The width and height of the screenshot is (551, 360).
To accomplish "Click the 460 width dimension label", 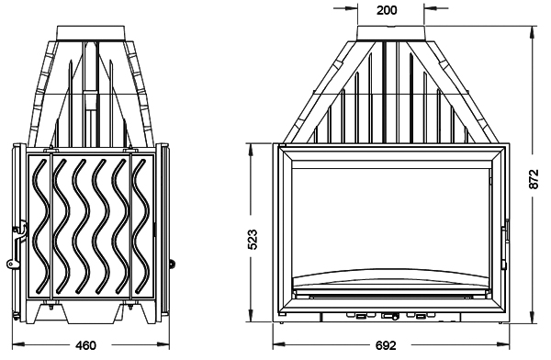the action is click(85, 345).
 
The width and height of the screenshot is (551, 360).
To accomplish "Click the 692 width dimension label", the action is click(386, 345).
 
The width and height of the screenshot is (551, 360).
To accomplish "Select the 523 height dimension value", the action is click(253, 240).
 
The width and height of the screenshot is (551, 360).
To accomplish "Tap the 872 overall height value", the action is click(534, 179).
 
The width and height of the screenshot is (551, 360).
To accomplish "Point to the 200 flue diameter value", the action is click(387, 10).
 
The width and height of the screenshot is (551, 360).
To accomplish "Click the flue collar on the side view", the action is click(91, 33).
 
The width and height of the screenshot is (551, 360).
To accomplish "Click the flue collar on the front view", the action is click(391, 33).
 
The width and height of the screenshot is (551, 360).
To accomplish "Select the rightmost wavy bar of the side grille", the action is click(141, 225).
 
